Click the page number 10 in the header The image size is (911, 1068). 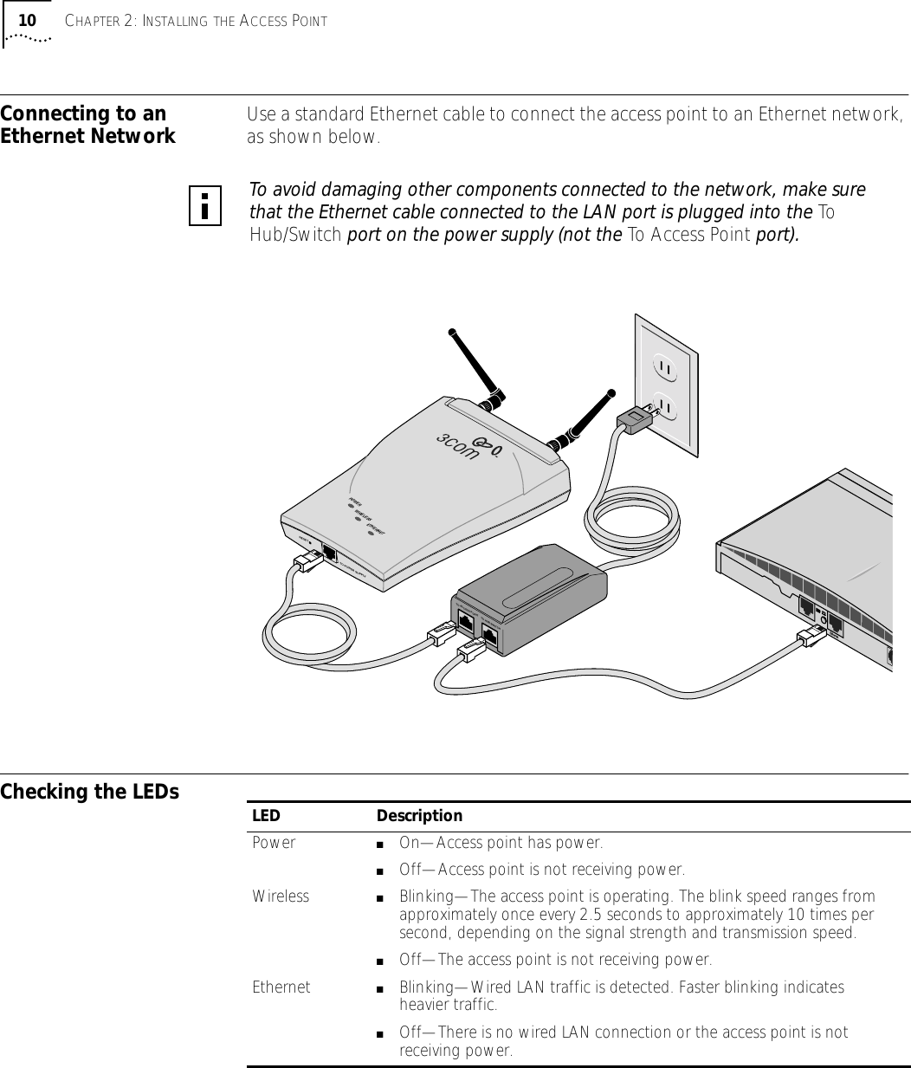(x=28, y=20)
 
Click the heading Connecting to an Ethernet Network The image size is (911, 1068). (x=87, y=125)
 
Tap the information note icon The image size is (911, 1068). (x=205, y=205)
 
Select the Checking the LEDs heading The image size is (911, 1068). (x=90, y=792)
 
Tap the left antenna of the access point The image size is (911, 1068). (x=475, y=363)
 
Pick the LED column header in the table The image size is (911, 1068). (x=266, y=816)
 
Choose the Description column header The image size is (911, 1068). (x=419, y=816)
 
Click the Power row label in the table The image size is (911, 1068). (x=274, y=843)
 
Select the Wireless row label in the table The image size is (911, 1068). (x=281, y=896)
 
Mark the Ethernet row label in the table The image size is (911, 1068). (x=281, y=987)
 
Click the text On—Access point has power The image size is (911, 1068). (x=501, y=843)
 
